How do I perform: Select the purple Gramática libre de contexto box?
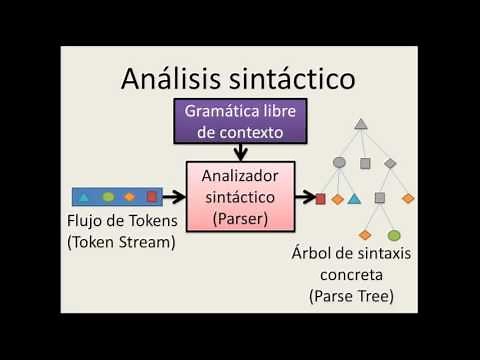pyautogui.click(x=240, y=121)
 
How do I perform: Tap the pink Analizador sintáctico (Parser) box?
pyautogui.click(x=240, y=196)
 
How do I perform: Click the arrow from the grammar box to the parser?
pyautogui.click(x=240, y=152)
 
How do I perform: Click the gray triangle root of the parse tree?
pyautogui.click(x=361, y=123)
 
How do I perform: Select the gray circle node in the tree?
pyautogui.click(x=339, y=161)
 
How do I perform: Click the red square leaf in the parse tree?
pyautogui.click(x=320, y=199)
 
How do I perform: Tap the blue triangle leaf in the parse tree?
pyautogui.click(x=354, y=199)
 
